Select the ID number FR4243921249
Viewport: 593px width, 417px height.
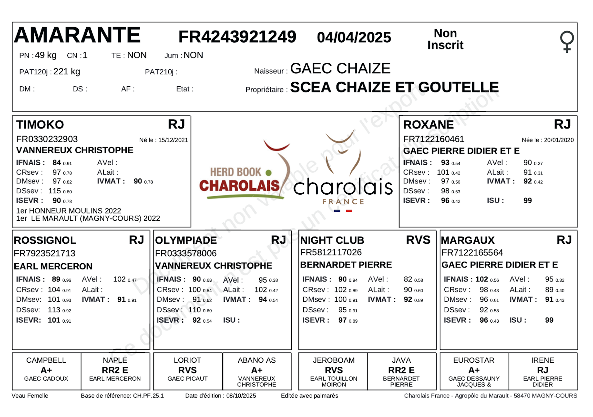pyautogui.click(x=237, y=37)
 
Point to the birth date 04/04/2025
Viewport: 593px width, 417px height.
pyautogui.click(x=354, y=37)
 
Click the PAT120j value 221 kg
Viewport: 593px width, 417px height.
pyautogui.click(x=67, y=71)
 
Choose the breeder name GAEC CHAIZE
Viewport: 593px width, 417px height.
pyautogui.click(x=340, y=68)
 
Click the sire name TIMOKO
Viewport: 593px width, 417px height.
pyautogui.click(x=40, y=125)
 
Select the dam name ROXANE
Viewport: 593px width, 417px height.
pyautogui.click(x=428, y=125)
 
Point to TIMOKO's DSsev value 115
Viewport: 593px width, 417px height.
pyautogui.click(x=54, y=191)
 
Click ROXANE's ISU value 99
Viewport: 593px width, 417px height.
pyautogui.click(x=527, y=200)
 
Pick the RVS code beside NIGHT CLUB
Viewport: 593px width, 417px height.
pyautogui.click(x=418, y=240)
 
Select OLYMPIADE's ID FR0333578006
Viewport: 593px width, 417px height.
pyautogui.click(x=186, y=253)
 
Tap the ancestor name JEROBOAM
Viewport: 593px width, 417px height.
pyautogui.click(x=334, y=360)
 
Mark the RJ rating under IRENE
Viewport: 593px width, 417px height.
pyautogui.click(x=542, y=370)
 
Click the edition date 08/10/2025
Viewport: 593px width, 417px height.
pyautogui.click(x=241, y=396)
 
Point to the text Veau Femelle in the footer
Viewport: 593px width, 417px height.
pyautogui.click(x=30, y=396)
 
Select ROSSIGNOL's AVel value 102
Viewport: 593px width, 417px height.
pyautogui.click(x=119, y=279)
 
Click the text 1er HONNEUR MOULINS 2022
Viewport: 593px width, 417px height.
pyautogui.click(x=68, y=211)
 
